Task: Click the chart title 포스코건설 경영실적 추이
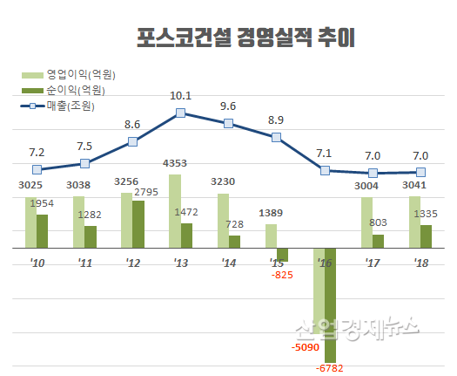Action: point(247,38)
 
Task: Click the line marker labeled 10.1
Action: point(180,113)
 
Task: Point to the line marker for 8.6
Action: point(132,141)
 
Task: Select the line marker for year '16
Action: point(325,170)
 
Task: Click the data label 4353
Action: point(176,163)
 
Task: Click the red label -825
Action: point(280,276)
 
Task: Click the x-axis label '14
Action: point(228,262)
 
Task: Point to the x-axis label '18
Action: point(420,262)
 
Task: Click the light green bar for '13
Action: point(174,211)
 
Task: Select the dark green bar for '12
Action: point(138,224)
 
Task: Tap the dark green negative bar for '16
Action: point(330,304)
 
